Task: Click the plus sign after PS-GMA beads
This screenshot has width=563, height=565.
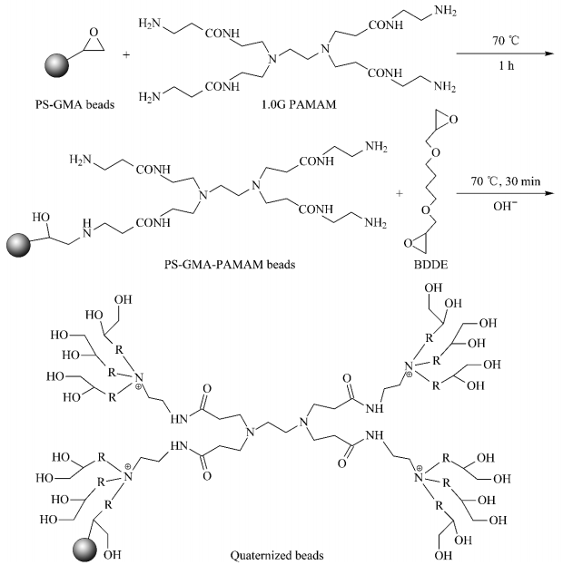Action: (x=124, y=55)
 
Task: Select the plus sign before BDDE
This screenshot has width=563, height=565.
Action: (x=402, y=194)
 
